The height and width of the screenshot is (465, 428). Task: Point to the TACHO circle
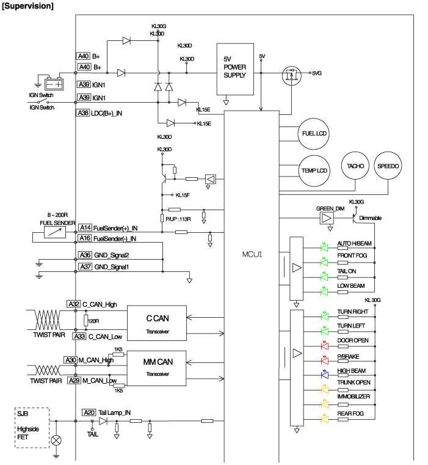point(355,166)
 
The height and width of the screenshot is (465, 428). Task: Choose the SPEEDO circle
point(390,166)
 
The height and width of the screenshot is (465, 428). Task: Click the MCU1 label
point(252,253)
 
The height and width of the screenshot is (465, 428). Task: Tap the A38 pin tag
point(82,113)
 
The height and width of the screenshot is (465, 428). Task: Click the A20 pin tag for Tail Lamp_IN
point(89,413)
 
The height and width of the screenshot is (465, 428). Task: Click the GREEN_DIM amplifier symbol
point(326,218)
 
